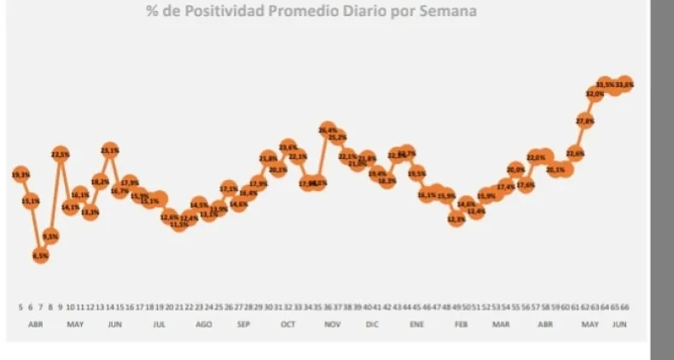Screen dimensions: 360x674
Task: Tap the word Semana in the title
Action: pos(447,12)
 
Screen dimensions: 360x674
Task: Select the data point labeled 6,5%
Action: pos(40,254)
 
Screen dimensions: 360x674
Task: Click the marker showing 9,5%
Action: pos(50,235)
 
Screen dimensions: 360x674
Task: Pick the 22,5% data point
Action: pos(61,154)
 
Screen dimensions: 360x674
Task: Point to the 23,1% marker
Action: pos(109,151)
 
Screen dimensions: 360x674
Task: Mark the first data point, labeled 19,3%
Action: pos(20,174)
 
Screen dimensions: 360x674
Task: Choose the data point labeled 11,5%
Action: pos(179,224)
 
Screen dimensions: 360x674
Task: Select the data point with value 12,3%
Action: pos(456,219)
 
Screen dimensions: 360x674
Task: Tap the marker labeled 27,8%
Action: pos(585,121)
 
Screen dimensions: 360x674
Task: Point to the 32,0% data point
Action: pos(595,95)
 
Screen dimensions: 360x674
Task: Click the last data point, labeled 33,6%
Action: pos(625,84)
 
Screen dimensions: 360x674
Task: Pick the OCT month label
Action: pos(287,325)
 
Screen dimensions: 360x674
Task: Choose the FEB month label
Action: pos(461,325)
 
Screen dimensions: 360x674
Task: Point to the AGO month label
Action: pos(204,325)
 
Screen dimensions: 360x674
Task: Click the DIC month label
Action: pos(372,325)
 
